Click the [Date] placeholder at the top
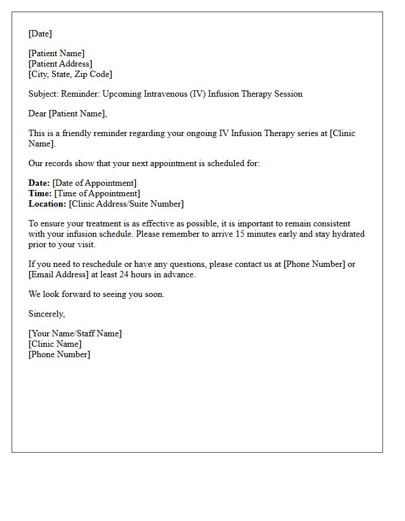40,34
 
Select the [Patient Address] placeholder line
60,64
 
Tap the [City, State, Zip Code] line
70,74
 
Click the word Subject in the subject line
43,94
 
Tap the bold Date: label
39,183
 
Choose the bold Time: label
40,193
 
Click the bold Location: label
47,204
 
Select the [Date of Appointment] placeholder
94,183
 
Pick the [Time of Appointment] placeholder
97,193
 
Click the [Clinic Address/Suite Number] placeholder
126,204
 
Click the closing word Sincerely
46,314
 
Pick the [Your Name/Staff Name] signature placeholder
75,333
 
